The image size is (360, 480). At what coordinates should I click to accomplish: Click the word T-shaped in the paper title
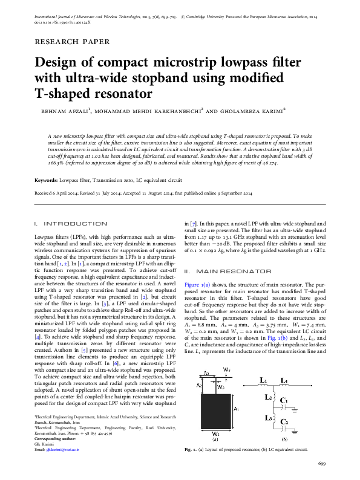[67, 94]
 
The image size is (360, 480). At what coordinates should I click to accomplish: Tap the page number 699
[322, 464]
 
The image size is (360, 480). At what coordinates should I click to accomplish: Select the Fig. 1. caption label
[191, 450]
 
